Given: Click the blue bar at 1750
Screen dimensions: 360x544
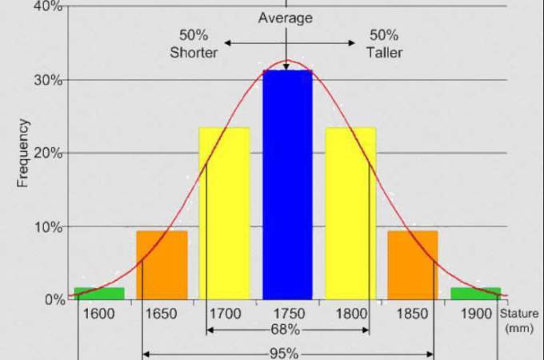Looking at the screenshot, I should [287, 184].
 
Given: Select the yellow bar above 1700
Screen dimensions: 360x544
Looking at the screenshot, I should [224, 213].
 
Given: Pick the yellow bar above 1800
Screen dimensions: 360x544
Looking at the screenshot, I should [350, 213].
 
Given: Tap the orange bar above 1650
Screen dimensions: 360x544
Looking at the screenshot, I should [162, 265].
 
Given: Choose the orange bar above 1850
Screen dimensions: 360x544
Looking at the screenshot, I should [413, 265].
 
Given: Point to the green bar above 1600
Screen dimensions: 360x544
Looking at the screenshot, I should [99, 293].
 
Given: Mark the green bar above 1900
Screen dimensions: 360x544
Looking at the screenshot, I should [475, 293].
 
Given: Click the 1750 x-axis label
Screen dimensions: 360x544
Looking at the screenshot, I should [287, 314].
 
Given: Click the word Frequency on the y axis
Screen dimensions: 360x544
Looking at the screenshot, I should [23, 153].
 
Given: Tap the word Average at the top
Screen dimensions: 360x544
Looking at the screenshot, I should [286, 18].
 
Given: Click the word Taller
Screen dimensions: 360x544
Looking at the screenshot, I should [385, 53].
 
